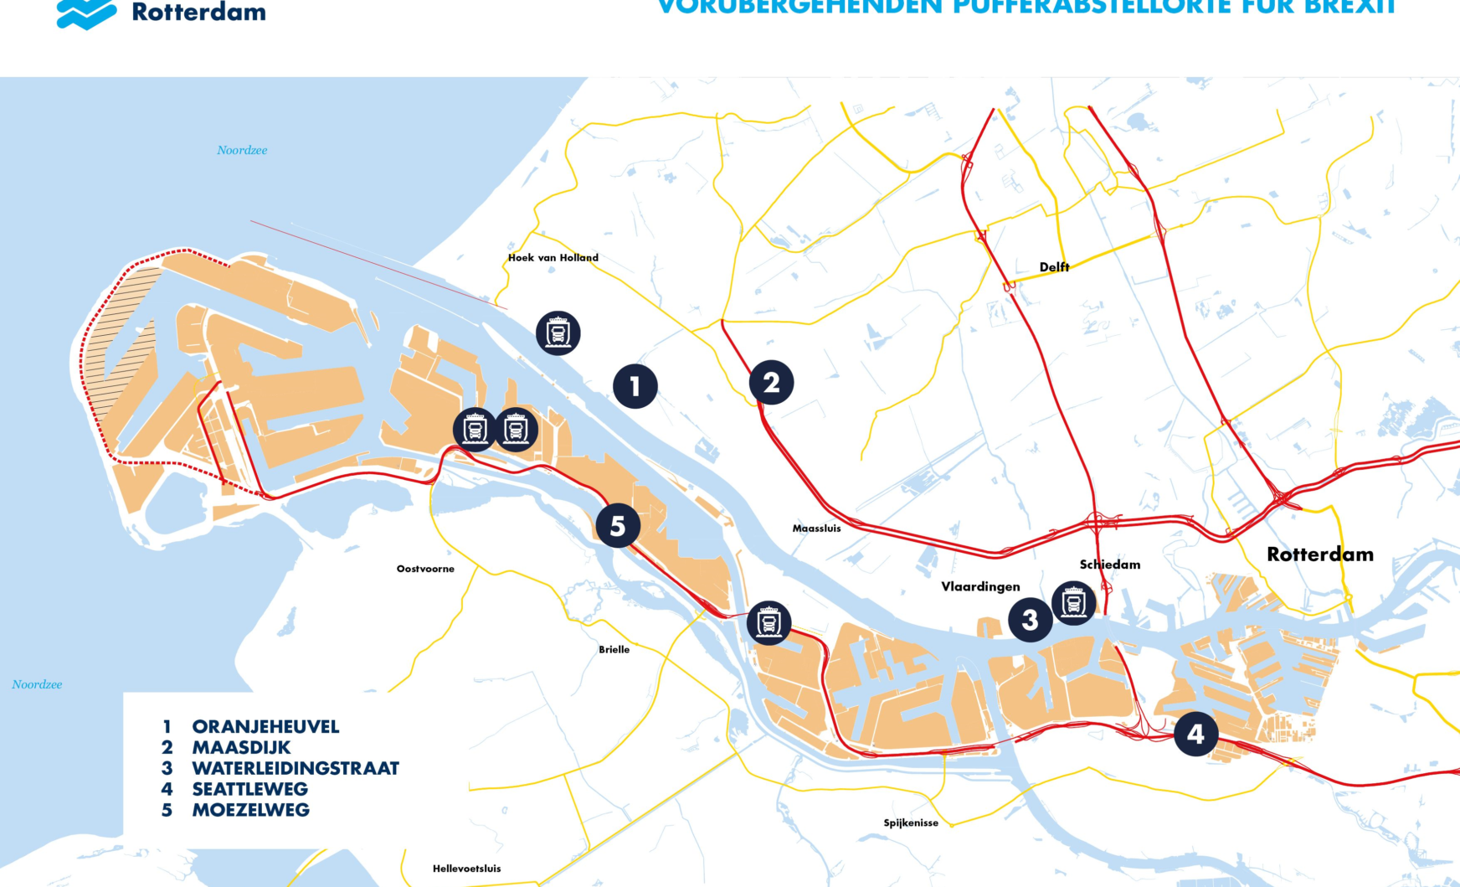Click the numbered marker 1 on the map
(x=635, y=386)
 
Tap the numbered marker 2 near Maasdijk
(x=771, y=383)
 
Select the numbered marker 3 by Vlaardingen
(x=1030, y=620)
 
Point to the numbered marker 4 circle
(x=1195, y=734)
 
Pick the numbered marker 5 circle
(x=618, y=526)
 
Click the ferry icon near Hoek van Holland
(x=558, y=333)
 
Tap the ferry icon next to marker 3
(x=1073, y=602)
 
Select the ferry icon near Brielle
(x=769, y=622)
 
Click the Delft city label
(x=1054, y=267)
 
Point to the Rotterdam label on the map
(x=1319, y=554)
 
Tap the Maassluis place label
(x=816, y=529)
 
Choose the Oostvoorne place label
(x=425, y=569)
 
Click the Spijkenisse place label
(x=911, y=823)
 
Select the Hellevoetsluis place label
(x=466, y=869)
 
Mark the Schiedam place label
(x=1110, y=565)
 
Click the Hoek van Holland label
(x=553, y=258)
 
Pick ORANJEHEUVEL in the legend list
(x=265, y=727)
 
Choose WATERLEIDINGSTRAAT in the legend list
(x=296, y=768)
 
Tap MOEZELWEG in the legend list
(x=250, y=810)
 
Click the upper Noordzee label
(x=242, y=151)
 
